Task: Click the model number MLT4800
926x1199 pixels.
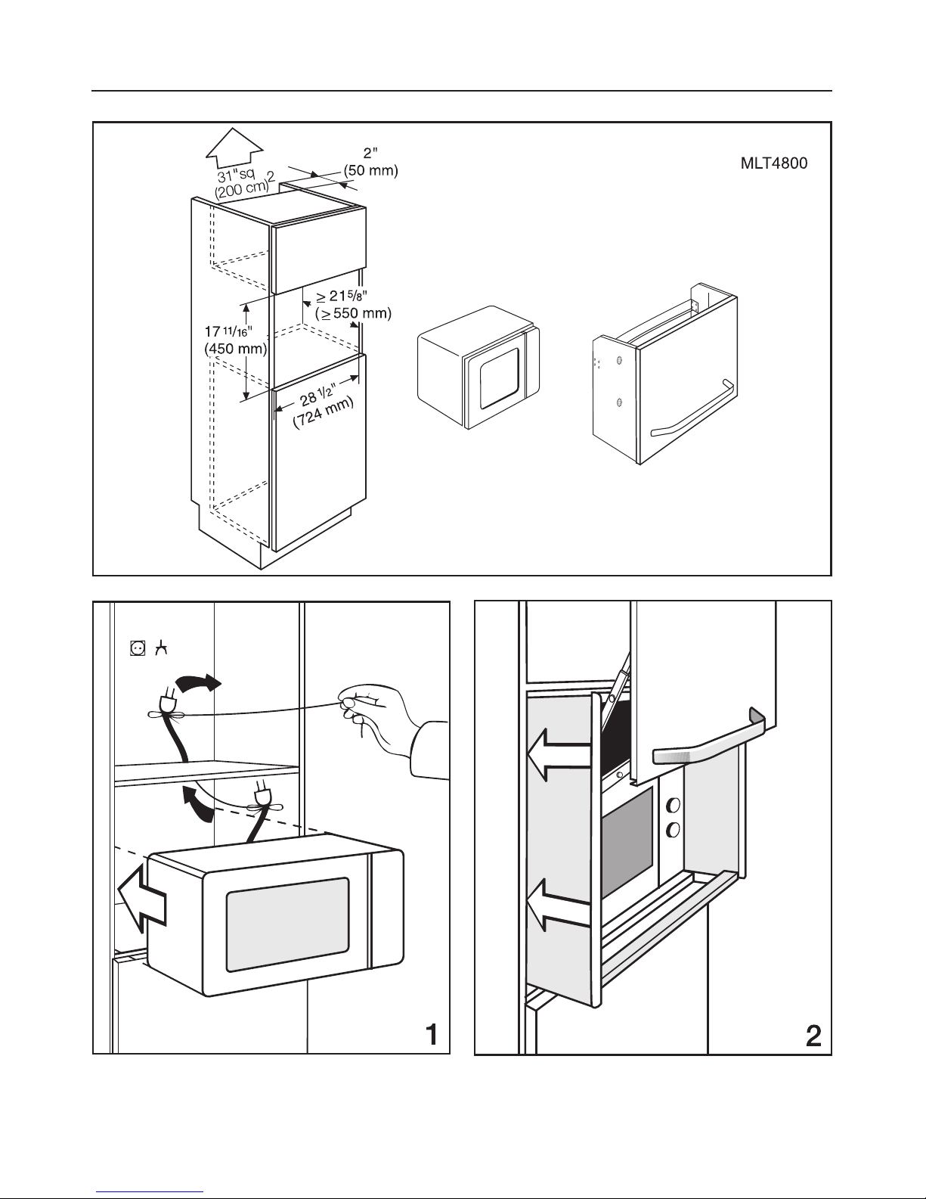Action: (x=774, y=163)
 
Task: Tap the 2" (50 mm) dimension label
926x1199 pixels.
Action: (x=371, y=162)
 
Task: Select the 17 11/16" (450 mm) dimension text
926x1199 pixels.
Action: (x=235, y=340)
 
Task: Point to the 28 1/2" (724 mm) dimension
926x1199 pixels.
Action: (x=322, y=407)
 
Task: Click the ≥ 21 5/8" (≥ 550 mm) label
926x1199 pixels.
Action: (x=353, y=305)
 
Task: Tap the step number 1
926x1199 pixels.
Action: (x=432, y=1034)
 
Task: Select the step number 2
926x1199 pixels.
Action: (x=813, y=1036)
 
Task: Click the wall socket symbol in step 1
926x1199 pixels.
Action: (x=138, y=648)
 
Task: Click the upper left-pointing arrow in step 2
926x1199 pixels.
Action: (x=559, y=754)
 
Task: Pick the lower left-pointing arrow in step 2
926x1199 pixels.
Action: (x=559, y=905)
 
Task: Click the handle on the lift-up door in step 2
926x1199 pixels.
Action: (x=709, y=738)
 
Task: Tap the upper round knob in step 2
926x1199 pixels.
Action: (x=673, y=805)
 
